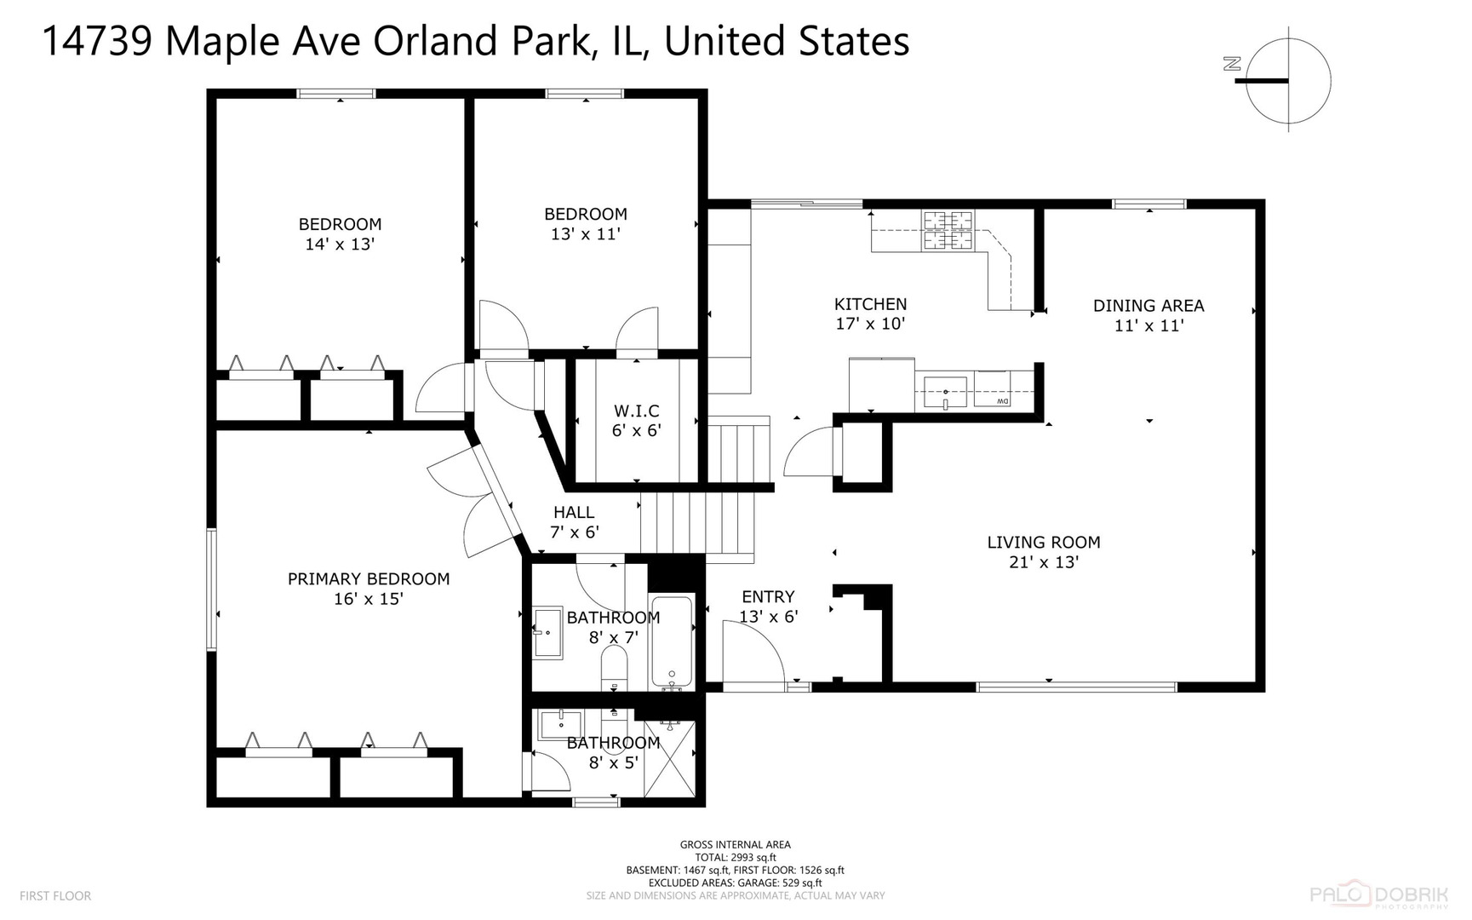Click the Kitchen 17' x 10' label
pyautogui.click(x=870, y=313)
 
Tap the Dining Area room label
pyautogui.click(x=1148, y=314)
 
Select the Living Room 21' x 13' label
pyautogui.click(x=1043, y=552)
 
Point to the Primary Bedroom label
pyautogui.click(x=368, y=588)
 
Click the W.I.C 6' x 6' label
pyautogui.click(x=636, y=421)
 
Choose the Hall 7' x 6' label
pyautogui.click(x=574, y=522)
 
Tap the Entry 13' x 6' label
pyautogui.click(x=768, y=607)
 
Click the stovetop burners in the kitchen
pyautogui.click(x=947, y=231)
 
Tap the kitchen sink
pyautogui.click(x=944, y=393)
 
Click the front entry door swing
pyautogui.click(x=753, y=652)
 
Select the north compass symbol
pyautogui.click(x=1287, y=80)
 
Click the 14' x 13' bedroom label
pyautogui.click(x=340, y=233)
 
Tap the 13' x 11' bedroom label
pyautogui.click(x=586, y=223)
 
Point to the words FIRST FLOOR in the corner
pyautogui.click(x=54, y=896)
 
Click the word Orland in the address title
pyautogui.click(x=438, y=41)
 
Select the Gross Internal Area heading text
pyautogui.click(x=735, y=845)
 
